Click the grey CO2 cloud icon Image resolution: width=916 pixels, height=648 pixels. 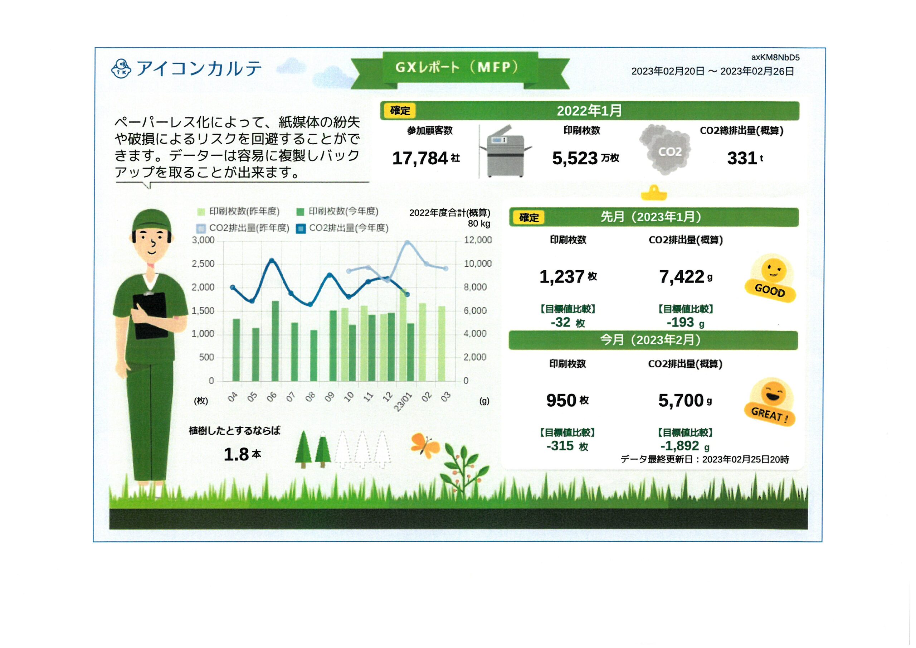(665, 150)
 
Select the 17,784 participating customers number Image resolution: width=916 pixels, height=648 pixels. (420, 158)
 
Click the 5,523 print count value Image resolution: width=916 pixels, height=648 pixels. (575, 158)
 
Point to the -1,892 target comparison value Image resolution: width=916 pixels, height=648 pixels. (680, 446)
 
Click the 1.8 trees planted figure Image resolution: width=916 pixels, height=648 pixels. (236, 454)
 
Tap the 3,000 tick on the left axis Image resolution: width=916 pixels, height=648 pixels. (203, 240)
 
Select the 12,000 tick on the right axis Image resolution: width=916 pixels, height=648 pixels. (478, 240)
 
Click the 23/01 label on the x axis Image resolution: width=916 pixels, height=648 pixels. (403, 401)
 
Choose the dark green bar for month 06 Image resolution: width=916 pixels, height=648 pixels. (275, 340)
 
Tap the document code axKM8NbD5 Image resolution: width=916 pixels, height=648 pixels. (775, 58)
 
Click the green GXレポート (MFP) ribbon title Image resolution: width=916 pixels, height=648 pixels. (460, 68)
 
